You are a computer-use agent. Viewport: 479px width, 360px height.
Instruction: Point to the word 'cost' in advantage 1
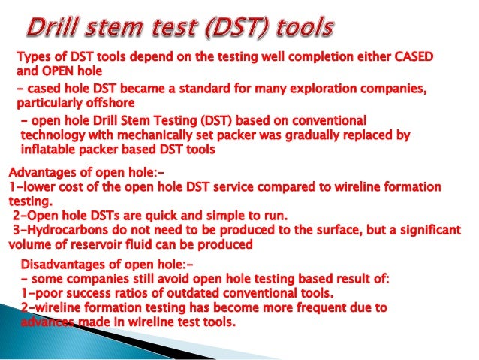coord(71,186)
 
